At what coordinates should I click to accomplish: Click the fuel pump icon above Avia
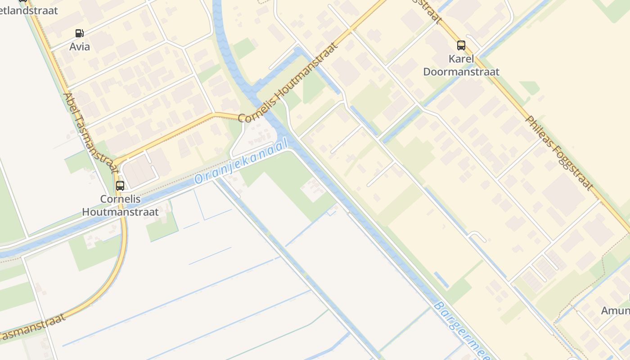pyautogui.click(x=79, y=33)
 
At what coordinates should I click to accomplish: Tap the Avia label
pyautogui.click(x=80, y=47)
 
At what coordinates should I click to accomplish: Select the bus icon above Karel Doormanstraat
pyautogui.click(x=461, y=45)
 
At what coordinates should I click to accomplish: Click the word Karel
pyautogui.click(x=461, y=59)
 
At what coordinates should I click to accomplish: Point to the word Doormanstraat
pyautogui.click(x=461, y=72)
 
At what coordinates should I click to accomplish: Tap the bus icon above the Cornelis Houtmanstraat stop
pyautogui.click(x=120, y=185)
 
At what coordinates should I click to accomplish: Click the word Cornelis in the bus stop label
pyautogui.click(x=120, y=199)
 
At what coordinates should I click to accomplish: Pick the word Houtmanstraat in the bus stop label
pyautogui.click(x=120, y=211)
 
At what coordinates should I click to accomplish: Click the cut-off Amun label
pyautogui.click(x=615, y=310)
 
